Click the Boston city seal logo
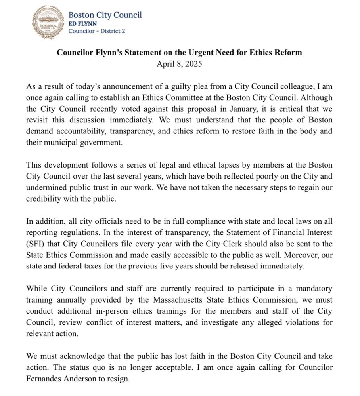[x=48, y=22]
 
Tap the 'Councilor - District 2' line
[x=97, y=31]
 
